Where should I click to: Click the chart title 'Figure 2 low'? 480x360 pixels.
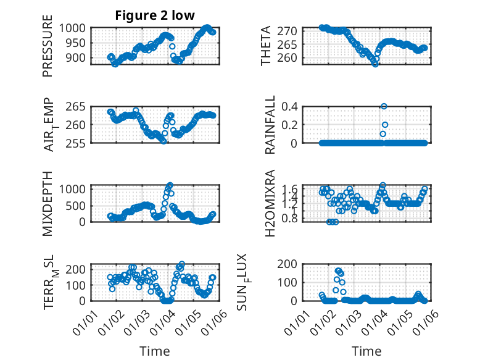[x=155, y=16]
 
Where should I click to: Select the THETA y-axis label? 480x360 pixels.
[x=266, y=46]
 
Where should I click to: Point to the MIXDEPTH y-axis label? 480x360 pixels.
[x=48, y=203]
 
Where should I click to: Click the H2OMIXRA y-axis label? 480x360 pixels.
[x=270, y=203]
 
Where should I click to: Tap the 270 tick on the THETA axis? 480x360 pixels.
[x=291, y=31]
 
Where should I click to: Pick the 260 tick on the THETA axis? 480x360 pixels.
[x=291, y=57]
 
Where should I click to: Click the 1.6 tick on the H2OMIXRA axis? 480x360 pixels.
[x=291, y=189]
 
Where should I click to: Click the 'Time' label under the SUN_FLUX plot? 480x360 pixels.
[x=366, y=351]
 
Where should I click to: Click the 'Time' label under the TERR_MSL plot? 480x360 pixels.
[x=154, y=351]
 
